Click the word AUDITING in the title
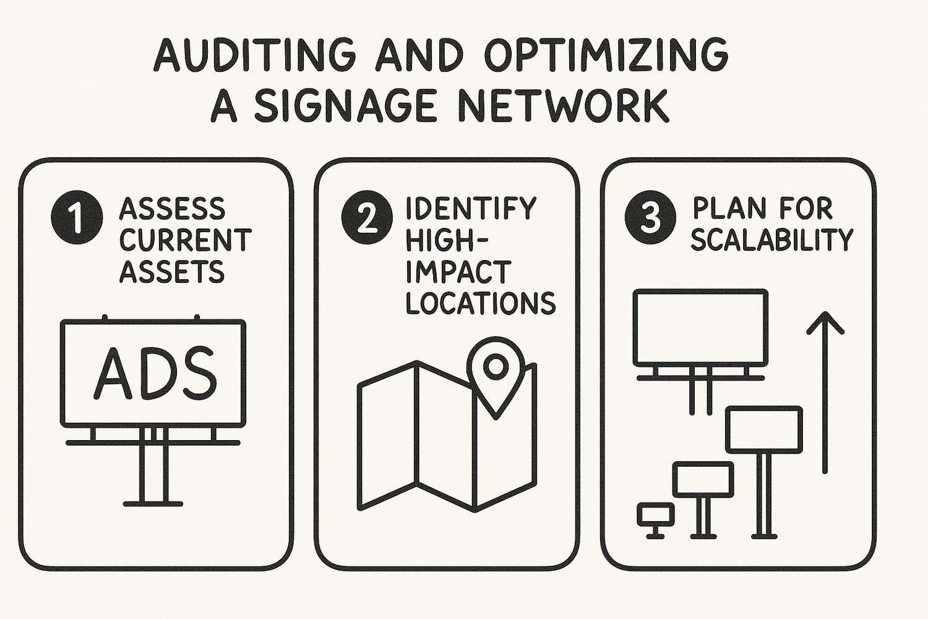(x=254, y=56)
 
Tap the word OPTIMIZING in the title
(x=606, y=56)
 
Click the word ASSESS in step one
(x=172, y=209)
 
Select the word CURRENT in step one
(x=185, y=240)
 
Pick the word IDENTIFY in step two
(x=471, y=209)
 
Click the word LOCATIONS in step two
(x=481, y=303)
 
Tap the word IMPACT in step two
(x=458, y=272)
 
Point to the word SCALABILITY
(x=772, y=240)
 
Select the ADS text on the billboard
(x=155, y=373)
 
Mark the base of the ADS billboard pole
(x=153, y=503)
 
